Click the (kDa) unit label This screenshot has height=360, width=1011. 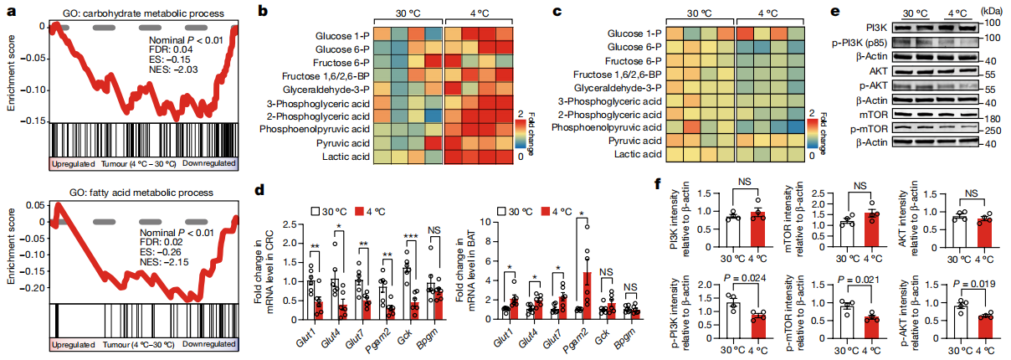tap(996, 11)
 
